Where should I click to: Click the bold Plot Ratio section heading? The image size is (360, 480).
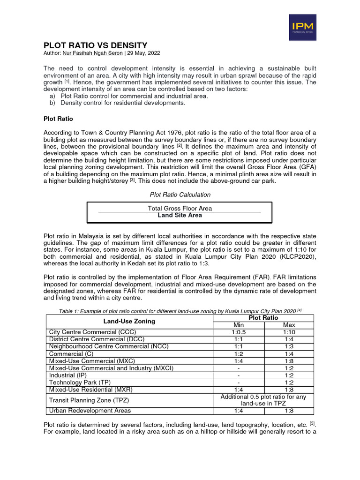58,119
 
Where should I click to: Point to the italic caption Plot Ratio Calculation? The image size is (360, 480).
180,195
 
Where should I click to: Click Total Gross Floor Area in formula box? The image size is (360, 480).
180,208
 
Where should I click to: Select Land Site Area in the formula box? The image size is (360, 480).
180,215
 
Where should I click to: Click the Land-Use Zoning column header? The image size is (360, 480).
129,322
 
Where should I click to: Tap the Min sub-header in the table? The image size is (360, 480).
239,325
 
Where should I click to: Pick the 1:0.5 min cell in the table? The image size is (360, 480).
239,332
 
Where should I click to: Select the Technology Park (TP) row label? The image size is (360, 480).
78,382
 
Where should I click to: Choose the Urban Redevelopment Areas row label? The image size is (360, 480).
90,411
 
